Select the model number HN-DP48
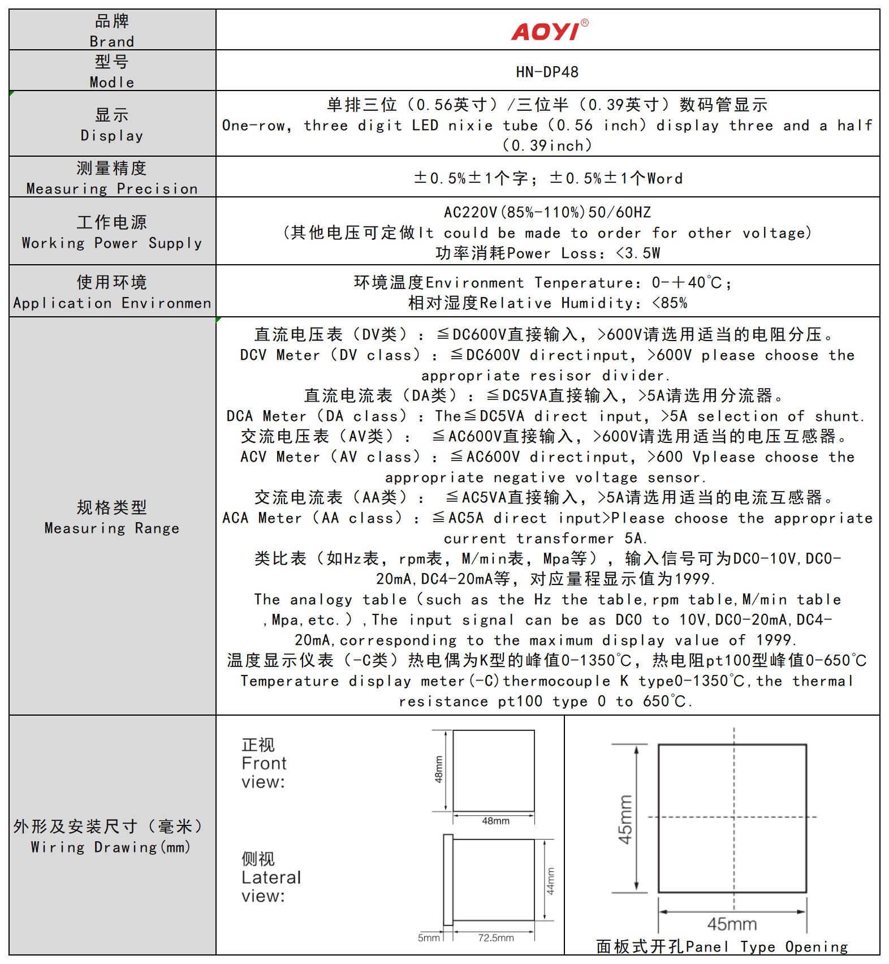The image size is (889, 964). [547, 72]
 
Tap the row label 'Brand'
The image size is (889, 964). [112, 42]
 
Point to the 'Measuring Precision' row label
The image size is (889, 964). [112, 189]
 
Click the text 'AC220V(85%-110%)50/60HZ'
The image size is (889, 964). [547, 213]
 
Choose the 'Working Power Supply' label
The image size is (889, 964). [112, 243]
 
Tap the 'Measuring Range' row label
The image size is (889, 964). [112, 528]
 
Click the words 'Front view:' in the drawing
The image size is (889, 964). [264, 773]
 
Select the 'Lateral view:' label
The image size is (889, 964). [271, 886]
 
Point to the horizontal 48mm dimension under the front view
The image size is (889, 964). [495, 821]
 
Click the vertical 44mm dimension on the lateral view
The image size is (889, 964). [551, 881]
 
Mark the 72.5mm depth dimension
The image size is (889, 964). [496, 938]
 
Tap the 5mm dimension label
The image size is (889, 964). [429, 938]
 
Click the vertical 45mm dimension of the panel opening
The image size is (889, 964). [625, 819]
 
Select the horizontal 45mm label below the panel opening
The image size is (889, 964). [732, 924]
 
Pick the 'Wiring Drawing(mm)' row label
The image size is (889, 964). [111, 847]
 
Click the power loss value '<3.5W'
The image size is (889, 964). [638, 253]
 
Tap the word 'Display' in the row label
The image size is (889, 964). [112, 136]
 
